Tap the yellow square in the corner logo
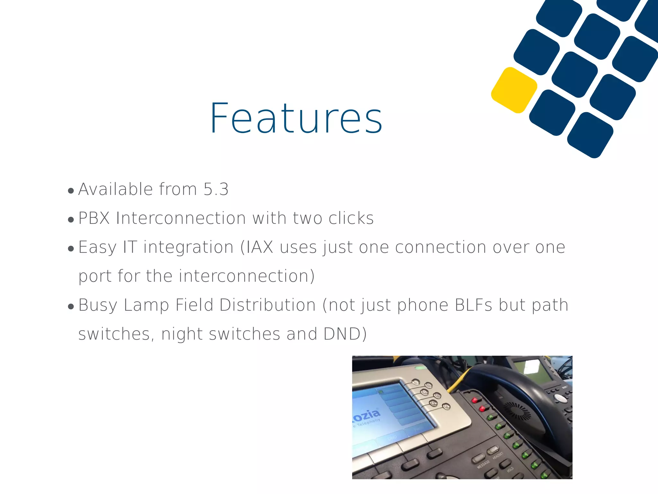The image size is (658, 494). pos(514,90)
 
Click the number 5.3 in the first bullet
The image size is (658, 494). pos(216,189)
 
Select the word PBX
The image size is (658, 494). pos(94,218)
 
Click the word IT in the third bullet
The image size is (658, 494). pos(130,247)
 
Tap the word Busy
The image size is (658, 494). pos(98,305)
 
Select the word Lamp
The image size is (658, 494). pos(146,305)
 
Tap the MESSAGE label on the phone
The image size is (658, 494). pos(483,464)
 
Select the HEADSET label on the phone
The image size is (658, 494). pos(498,455)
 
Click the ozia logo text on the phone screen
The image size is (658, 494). pos(366,415)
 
